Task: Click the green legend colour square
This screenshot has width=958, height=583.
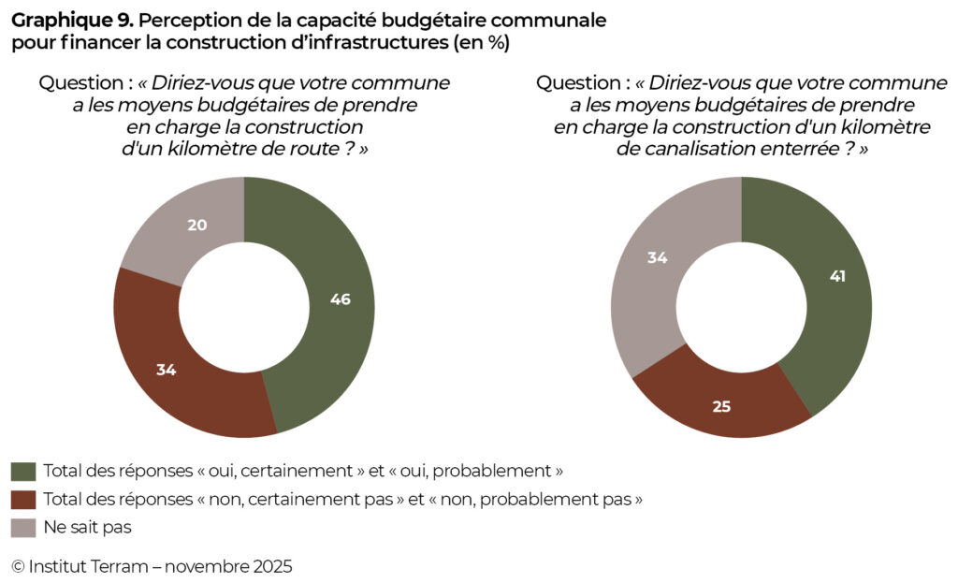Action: tap(22, 471)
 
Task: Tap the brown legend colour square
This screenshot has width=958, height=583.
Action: tap(22, 499)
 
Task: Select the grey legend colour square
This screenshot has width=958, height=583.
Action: tap(22, 527)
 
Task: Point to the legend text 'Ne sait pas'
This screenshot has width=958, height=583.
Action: tap(87, 527)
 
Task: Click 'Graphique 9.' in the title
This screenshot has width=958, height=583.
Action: tap(72, 20)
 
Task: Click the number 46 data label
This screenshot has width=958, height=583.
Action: tap(341, 299)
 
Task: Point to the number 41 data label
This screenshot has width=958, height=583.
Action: tap(836, 276)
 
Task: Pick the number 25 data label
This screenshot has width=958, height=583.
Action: tap(720, 406)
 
